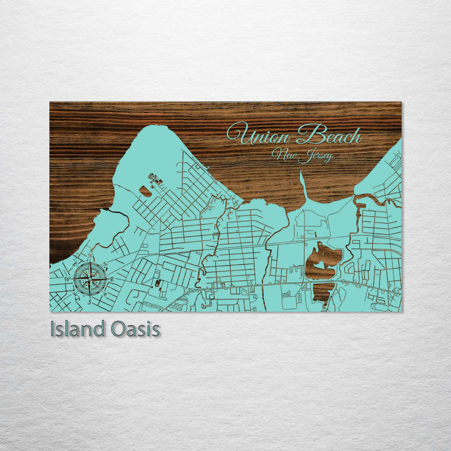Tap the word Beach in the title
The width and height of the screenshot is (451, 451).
click(329, 135)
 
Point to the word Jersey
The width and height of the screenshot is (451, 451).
click(315, 155)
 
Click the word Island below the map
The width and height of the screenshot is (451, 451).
click(78, 329)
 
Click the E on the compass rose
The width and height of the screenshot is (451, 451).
click(111, 278)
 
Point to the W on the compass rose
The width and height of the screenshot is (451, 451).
click(68, 279)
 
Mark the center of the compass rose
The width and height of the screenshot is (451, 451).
click(90, 279)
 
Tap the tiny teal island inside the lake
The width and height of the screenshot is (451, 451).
click(319, 264)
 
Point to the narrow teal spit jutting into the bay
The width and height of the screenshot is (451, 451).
click(303, 185)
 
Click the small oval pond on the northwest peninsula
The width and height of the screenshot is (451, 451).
click(145, 190)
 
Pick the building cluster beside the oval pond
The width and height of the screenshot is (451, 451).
click(154, 182)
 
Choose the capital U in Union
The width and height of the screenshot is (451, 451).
click(236, 133)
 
